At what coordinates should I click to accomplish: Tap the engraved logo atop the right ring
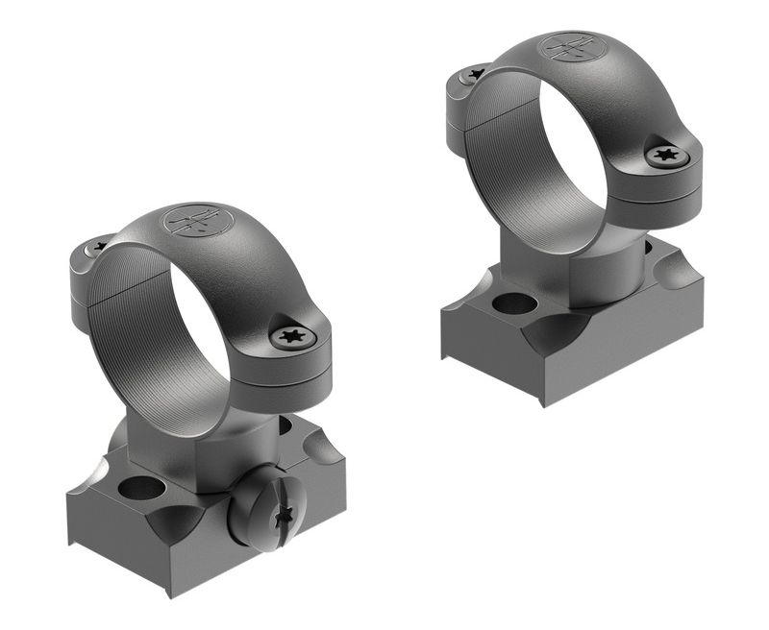567,47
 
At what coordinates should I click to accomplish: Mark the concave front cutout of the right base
558,336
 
